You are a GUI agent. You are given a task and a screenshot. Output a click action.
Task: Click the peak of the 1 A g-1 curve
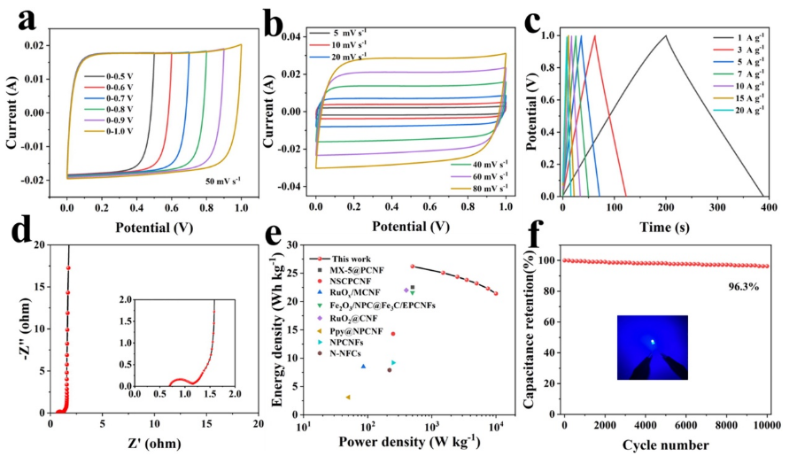tap(665, 35)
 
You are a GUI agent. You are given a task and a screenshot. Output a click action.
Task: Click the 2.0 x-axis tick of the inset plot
tap(235, 391)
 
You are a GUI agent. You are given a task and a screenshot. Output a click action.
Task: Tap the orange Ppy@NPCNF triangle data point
tap(348, 397)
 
